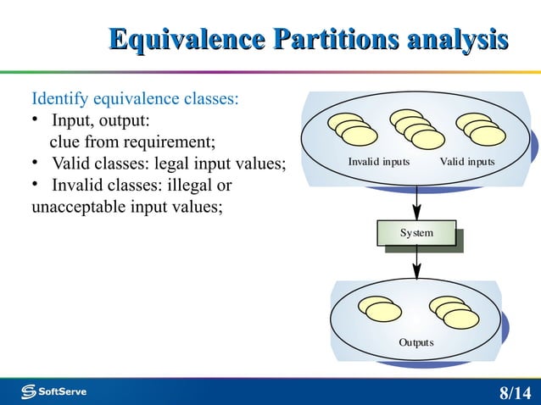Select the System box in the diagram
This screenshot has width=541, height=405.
(416, 233)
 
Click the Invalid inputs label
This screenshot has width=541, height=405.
(379, 161)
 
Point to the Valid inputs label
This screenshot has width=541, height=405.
(467, 161)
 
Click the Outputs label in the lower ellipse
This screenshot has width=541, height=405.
(416, 342)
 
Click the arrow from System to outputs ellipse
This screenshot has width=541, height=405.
(416, 264)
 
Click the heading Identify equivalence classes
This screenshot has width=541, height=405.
(135, 98)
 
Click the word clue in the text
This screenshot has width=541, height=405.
(65, 141)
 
